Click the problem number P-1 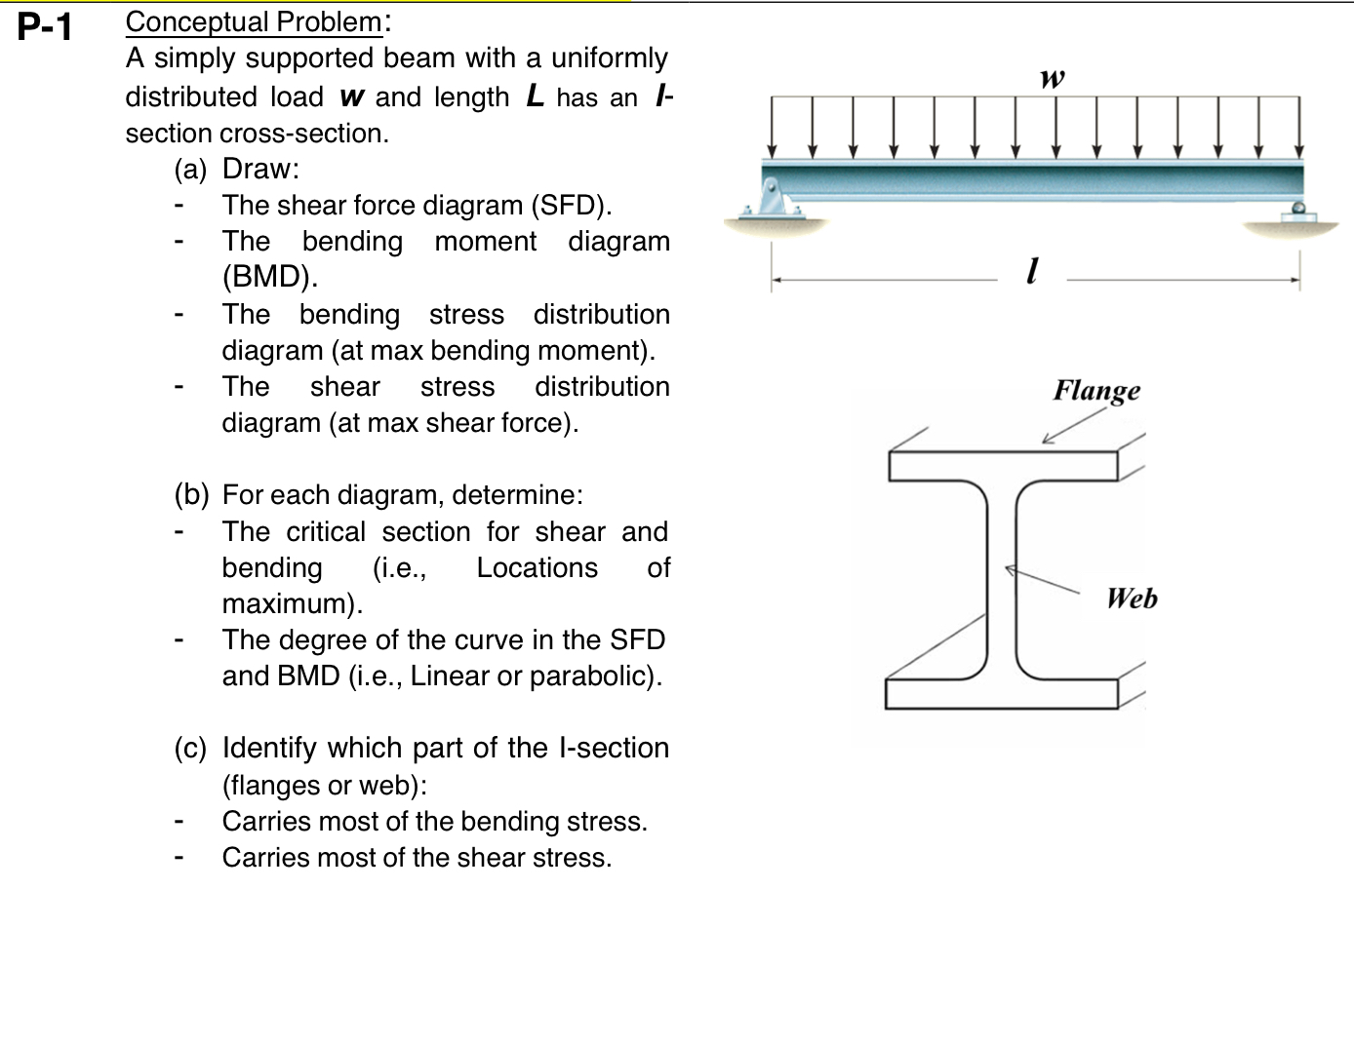point(45,26)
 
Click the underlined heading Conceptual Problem point(254,21)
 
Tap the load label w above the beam point(1052,78)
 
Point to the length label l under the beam point(1032,269)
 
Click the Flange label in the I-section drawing point(1095,390)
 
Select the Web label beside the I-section point(1132,598)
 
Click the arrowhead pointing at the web point(1012,570)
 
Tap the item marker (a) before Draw point(190,170)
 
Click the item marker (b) point(191,495)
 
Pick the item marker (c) point(190,749)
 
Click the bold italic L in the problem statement point(535,97)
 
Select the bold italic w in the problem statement point(351,97)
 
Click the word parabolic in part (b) point(594,677)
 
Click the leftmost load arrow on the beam point(773,127)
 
